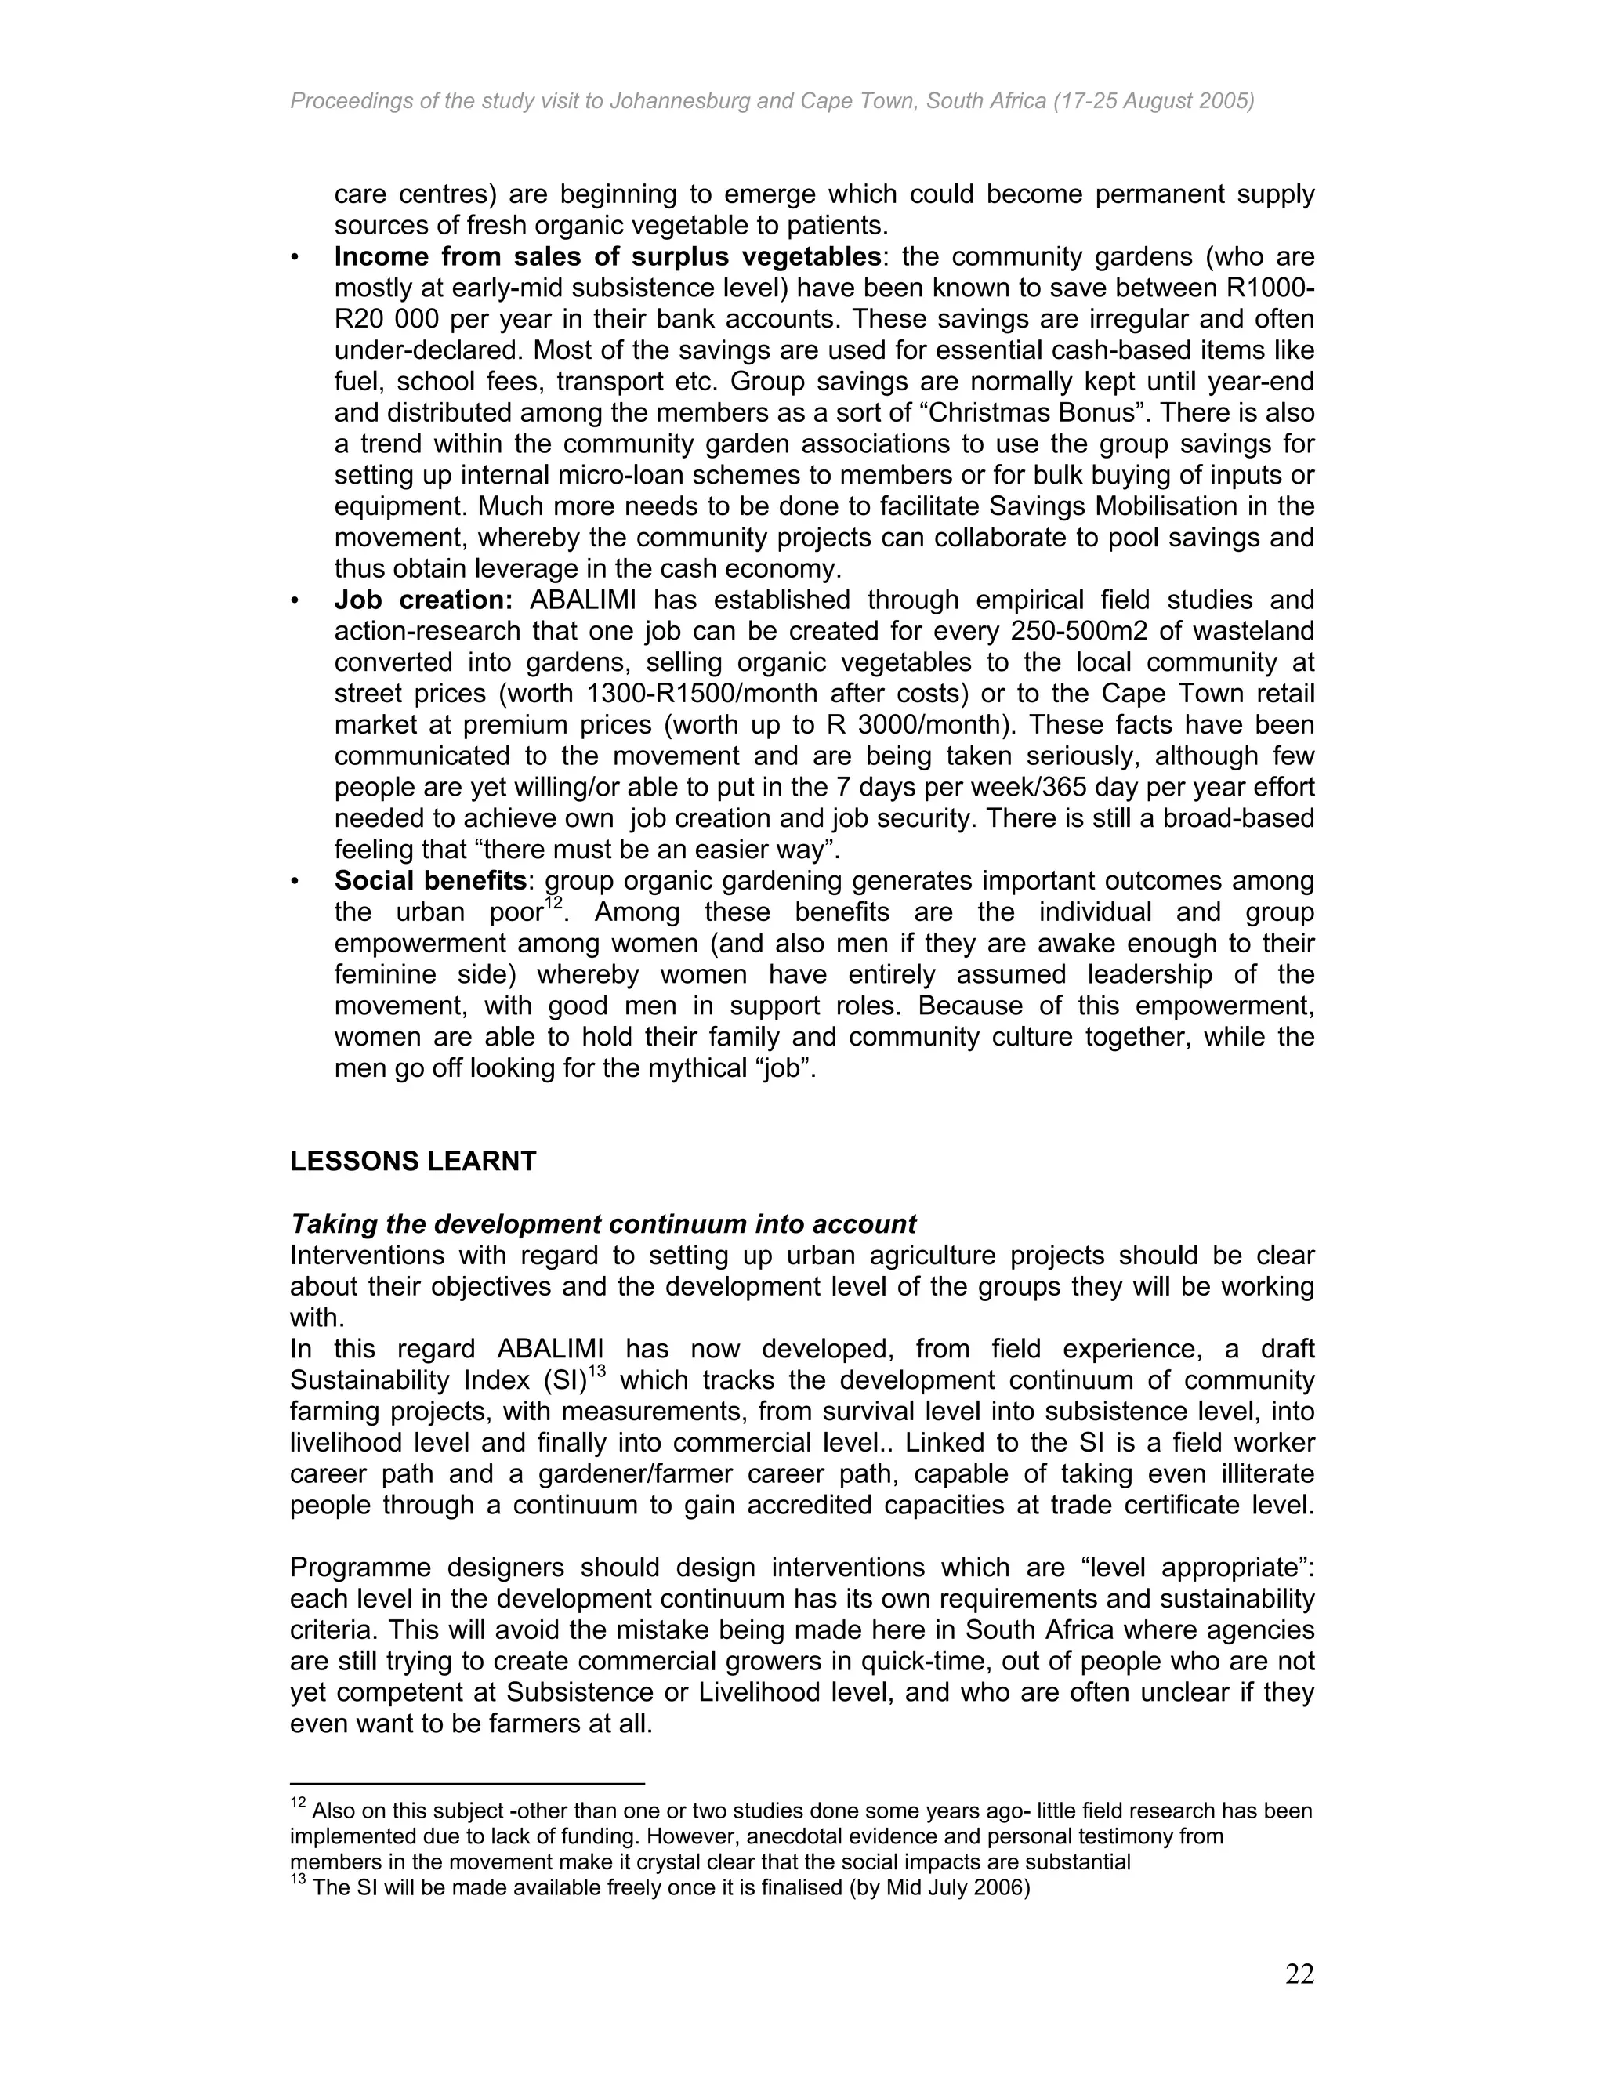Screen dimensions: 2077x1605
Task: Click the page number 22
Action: [1299, 1974]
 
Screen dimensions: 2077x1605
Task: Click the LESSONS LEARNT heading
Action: [413, 1162]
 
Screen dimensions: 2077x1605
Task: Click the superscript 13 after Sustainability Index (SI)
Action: [596, 1372]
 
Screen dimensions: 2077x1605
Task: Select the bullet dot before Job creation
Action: [295, 601]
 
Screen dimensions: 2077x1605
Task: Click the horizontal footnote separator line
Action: [467, 1784]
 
